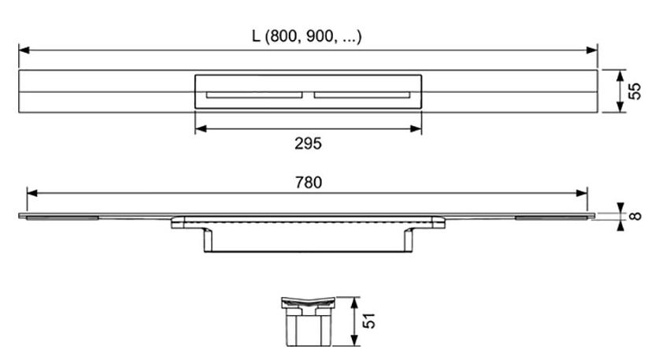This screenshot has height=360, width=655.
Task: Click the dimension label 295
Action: (308, 143)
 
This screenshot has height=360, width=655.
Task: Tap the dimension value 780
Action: (309, 182)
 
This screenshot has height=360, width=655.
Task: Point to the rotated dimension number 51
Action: (368, 321)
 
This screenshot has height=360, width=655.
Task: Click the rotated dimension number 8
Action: (635, 216)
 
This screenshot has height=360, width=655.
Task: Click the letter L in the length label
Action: (256, 36)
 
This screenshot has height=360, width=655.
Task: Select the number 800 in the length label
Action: (283, 37)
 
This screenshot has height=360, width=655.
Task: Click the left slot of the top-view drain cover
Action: (254, 95)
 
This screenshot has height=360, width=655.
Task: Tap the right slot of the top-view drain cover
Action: (362, 95)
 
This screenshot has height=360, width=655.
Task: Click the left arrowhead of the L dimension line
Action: (24, 50)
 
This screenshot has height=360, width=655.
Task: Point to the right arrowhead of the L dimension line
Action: (592, 50)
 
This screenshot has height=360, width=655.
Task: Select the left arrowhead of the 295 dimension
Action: (201, 128)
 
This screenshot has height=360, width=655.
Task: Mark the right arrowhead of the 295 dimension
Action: (416, 128)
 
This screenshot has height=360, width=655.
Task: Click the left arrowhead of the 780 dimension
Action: (32, 193)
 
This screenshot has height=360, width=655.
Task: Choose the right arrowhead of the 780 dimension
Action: (582, 193)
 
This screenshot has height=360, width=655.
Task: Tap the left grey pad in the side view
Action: (63, 218)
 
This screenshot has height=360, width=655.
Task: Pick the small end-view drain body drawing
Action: (309, 321)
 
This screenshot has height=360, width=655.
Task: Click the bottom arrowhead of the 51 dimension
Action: (354, 340)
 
